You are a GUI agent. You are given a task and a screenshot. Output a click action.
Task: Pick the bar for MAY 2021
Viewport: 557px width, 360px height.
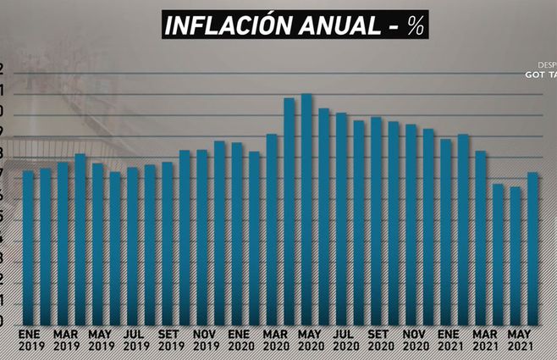tap(515, 255)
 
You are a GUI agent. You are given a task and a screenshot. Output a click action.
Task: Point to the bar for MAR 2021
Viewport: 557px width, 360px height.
tap(480, 237)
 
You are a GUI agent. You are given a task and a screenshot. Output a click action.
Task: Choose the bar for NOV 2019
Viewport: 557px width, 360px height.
tap(201, 237)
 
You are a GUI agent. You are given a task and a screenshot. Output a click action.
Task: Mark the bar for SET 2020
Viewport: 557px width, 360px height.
tap(376, 220)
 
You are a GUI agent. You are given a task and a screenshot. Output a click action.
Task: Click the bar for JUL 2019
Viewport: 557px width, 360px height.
tap(132, 246)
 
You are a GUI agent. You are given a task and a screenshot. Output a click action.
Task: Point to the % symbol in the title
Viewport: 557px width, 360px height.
tap(414, 25)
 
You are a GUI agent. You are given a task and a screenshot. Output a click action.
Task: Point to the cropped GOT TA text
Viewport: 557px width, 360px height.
tap(540, 74)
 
